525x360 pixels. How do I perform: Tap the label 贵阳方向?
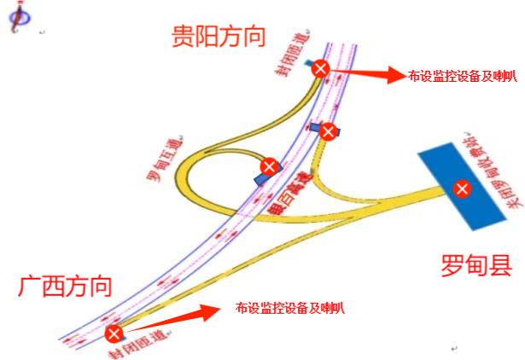218,35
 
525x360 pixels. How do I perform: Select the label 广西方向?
64,285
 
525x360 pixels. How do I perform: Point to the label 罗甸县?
475,264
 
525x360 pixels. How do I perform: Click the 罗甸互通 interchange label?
160,156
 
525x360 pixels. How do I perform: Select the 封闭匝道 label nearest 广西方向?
137,343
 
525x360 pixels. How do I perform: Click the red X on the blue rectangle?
462,188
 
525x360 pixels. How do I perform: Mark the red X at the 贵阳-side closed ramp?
319,68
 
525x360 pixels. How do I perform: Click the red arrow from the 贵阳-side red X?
364,74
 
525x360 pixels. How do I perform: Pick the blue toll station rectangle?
444,171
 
